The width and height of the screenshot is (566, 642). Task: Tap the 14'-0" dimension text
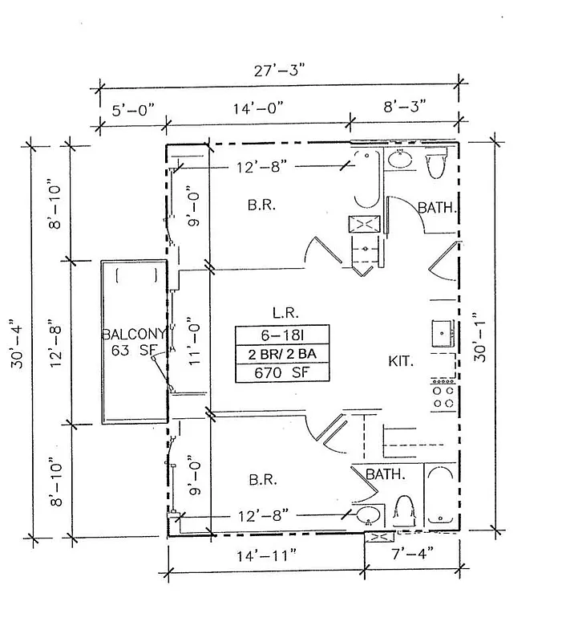click(x=257, y=108)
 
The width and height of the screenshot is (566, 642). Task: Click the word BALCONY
click(x=133, y=335)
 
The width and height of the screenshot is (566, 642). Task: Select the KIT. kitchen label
click(x=401, y=362)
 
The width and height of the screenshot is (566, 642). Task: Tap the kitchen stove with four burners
click(x=443, y=393)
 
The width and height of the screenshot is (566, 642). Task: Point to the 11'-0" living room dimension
click(x=192, y=343)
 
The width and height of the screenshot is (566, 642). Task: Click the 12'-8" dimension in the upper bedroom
click(x=261, y=168)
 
